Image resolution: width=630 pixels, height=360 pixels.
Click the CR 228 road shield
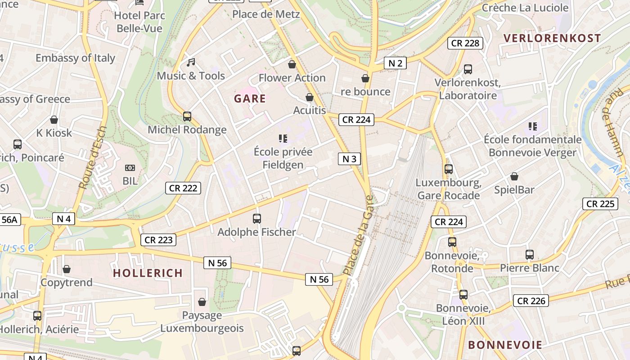coord(465,43)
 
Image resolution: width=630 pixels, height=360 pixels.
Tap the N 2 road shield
coord(395,63)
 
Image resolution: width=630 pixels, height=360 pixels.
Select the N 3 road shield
coord(349,158)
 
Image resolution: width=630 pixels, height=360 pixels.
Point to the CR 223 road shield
coord(158,240)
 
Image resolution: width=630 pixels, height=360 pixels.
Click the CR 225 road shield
coord(600,204)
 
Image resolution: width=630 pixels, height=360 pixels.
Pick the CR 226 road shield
coord(531,301)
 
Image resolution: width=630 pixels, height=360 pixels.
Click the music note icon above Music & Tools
coord(191,63)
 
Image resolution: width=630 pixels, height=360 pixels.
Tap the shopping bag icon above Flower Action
coord(292,64)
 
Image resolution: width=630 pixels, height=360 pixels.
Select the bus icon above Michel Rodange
coord(187,117)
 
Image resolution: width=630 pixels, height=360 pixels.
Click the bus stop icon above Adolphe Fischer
coord(257,219)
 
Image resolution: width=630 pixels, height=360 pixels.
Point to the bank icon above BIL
coord(130,168)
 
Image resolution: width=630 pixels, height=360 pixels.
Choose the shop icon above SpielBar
coord(514,176)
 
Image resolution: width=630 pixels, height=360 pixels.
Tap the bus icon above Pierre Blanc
coord(530,255)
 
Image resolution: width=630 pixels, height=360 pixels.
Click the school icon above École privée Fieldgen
coord(283,138)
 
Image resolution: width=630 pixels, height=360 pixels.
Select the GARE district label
coord(250,99)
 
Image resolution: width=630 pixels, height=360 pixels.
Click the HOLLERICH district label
coord(148,273)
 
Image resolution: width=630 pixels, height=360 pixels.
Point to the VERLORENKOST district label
coord(552,38)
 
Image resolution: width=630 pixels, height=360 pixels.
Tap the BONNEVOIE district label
coord(505,345)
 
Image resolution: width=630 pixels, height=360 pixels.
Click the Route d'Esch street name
coord(93,157)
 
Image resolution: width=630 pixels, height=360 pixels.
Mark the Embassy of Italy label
coord(75,58)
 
